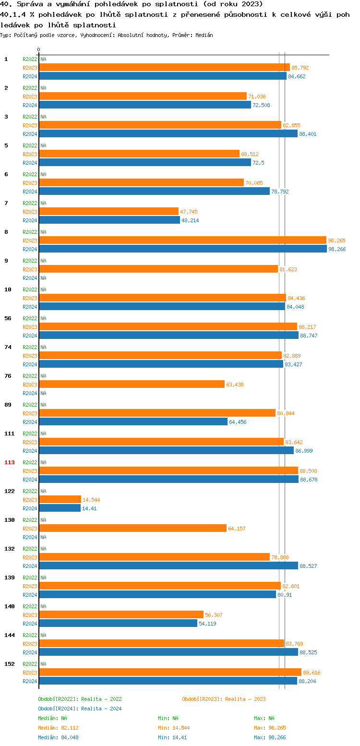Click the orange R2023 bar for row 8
click(x=182, y=240)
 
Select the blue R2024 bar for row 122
click(x=60, y=508)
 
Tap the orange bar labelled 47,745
click(x=108, y=211)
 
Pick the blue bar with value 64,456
click(x=133, y=421)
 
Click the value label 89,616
click(x=312, y=673)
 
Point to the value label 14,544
click(x=91, y=500)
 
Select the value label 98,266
click(x=337, y=249)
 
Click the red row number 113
click(x=10, y=462)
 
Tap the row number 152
click(x=10, y=664)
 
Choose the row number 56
click(x=8, y=318)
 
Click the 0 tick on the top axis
click(x=39, y=49)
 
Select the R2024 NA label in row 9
click(x=43, y=278)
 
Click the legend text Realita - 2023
click(x=245, y=699)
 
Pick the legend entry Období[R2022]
click(x=58, y=699)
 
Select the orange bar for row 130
click(x=132, y=528)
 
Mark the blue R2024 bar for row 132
click(x=168, y=566)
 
